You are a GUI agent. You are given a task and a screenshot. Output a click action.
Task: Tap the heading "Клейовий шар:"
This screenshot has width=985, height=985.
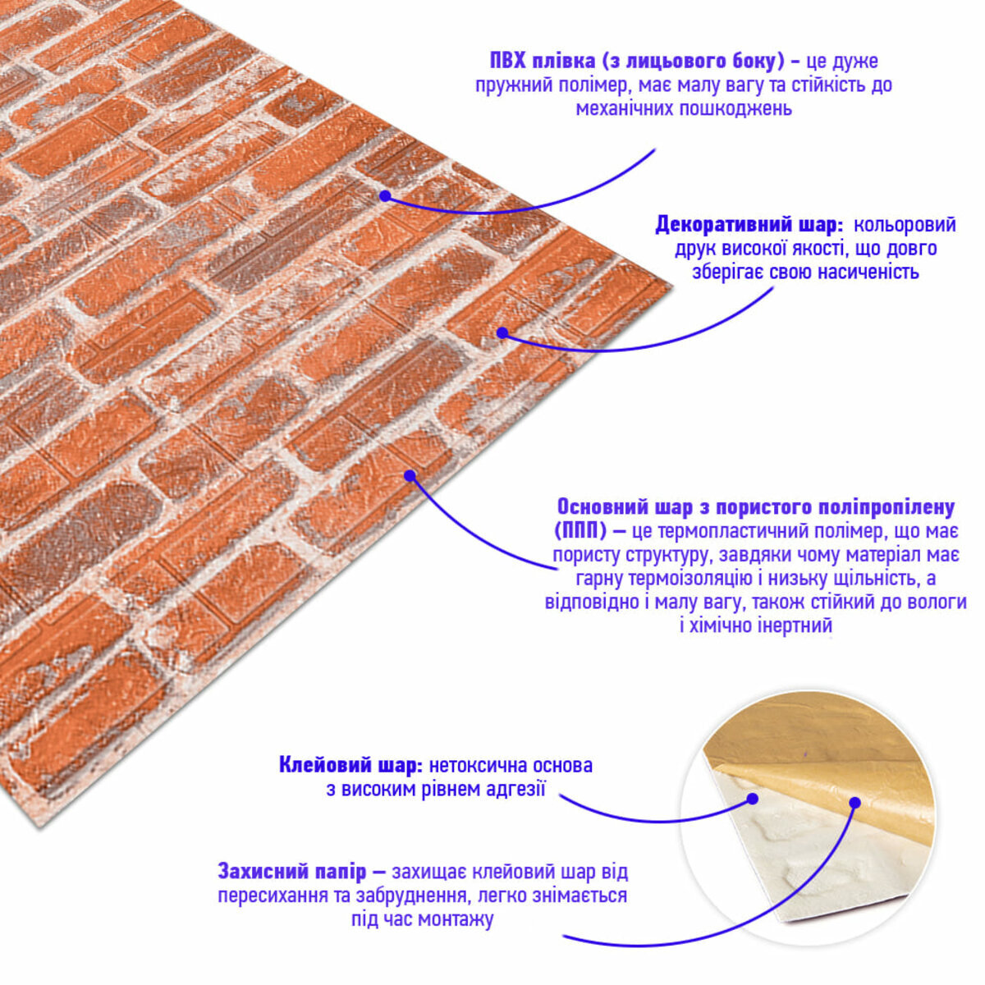[x=350, y=766]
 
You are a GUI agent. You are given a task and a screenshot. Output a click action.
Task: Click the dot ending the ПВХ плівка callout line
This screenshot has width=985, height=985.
[x=386, y=196]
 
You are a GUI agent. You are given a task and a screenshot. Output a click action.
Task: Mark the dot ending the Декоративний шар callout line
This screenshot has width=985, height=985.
[x=502, y=332]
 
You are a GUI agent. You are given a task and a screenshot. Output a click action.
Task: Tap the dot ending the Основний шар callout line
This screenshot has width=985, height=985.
[x=410, y=476]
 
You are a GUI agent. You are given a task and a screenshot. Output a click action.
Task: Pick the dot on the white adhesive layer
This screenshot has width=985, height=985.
[x=752, y=799]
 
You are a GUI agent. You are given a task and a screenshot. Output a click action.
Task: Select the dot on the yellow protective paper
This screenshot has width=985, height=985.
[x=855, y=803]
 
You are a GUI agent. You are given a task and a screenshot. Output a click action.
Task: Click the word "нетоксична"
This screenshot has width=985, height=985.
[x=478, y=766]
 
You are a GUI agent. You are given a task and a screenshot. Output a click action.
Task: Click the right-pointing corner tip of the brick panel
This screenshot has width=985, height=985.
[x=671, y=282]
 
